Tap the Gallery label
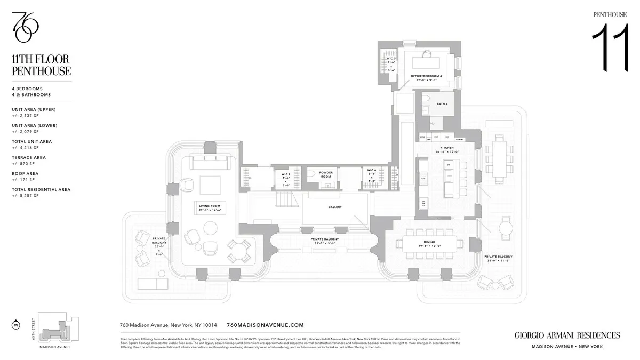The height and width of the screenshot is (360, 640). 335,207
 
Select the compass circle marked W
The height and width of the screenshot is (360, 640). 15,324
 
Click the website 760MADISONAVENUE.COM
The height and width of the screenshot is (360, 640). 265,325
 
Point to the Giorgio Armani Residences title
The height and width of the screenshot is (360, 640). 567,335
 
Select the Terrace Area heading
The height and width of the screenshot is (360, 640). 29,158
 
